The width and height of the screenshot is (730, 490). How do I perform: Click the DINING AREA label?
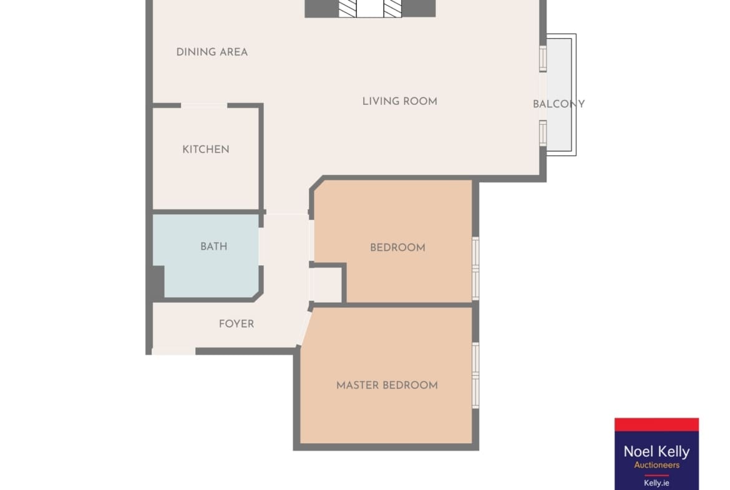click(x=212, y=52)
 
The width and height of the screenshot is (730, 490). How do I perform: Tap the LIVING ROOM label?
click(x=400, y=102)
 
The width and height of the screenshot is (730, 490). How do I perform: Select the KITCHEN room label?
click(x=206, y=150)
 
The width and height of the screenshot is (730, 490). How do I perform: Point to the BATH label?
click(x=213, y=247)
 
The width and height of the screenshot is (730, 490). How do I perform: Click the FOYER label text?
click(x=236, y=324)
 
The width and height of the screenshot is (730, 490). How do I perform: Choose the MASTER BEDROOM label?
click(x=387, y=385)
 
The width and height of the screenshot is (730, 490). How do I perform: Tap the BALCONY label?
click(x=558, y=104)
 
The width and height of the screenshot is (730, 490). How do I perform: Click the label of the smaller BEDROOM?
click(x=397, y=248)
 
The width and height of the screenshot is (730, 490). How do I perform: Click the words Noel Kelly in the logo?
click(x=656, y=451)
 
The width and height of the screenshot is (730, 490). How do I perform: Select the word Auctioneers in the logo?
click(x=656, y=465)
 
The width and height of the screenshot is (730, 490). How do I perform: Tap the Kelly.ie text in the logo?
click(x=656, y=483)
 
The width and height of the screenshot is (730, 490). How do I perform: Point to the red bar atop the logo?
click(x=656, y=424)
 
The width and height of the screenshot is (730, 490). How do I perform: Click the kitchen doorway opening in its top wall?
click(x=204, y=105)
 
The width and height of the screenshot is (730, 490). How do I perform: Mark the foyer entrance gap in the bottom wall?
click(x=173, y=351)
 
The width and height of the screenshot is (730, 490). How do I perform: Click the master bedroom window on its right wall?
click(x=475, y=375)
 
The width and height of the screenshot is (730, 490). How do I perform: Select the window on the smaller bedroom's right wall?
click(x=475, y=268)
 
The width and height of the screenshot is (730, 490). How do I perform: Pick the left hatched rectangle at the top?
click(x=348, y=8)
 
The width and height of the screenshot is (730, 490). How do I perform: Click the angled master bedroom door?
click(x=304, y=328)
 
